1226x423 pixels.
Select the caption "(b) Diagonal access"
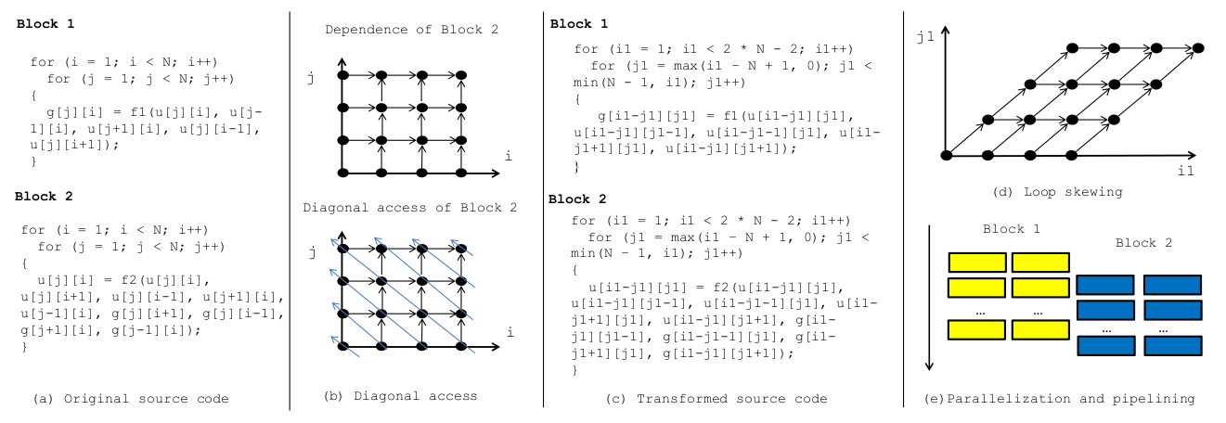pyautogui.click(x=400, y=396)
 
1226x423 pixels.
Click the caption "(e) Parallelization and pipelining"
pyautogui.click(x=1059, y=399)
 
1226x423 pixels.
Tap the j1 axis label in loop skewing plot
pyautogui.click(x=929, y=42)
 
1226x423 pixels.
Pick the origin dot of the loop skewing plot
pyautogui.click(x=946, y=154)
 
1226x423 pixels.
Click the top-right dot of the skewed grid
pyautogui.click(x=1199, y=47)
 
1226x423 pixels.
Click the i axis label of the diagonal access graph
pyautogui.click(x=509, y=331)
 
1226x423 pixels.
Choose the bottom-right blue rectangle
pyautogui.click(x=1171, y=346)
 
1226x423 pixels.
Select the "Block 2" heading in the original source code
pyautogui.click(x=45, y=197)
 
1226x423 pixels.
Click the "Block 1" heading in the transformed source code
pyautogui.click(x=578, y=23)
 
